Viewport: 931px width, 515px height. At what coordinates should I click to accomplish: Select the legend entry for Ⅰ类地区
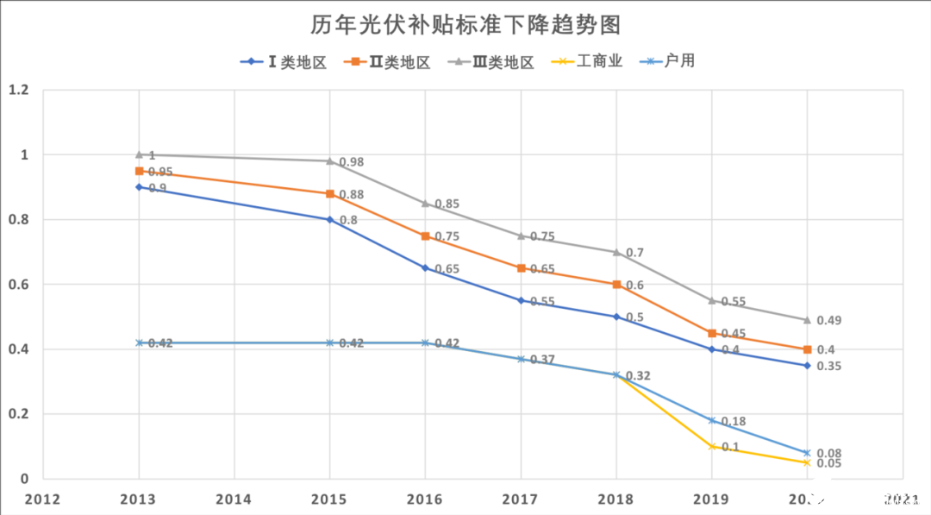point(284,62)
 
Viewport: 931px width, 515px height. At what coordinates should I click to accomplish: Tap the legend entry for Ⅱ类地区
point(388,62)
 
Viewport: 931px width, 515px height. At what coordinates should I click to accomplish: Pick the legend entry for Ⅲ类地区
point(492,62)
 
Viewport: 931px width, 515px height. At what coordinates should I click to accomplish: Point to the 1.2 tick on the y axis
point(18,90)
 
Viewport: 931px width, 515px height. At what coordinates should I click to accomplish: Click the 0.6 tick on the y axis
point(18,285)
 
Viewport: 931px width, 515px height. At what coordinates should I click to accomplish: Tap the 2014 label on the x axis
point(234,499)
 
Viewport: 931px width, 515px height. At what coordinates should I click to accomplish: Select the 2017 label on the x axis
point(521,499)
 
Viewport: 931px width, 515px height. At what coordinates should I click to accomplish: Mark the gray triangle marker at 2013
point(139,154)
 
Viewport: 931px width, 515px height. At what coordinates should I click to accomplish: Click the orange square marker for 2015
point(330,194)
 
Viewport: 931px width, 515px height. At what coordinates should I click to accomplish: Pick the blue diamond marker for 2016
point(425,268)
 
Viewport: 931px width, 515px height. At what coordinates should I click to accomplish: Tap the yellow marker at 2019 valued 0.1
point(711,446)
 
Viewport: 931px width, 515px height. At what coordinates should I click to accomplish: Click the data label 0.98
point(352,162)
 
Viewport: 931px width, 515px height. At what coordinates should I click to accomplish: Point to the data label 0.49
point(828,320)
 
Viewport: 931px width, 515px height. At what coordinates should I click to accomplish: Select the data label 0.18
point(734,422)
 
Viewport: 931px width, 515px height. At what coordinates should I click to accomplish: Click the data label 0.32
point(639,376)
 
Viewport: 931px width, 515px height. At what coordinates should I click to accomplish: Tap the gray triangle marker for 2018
point(616,252)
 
